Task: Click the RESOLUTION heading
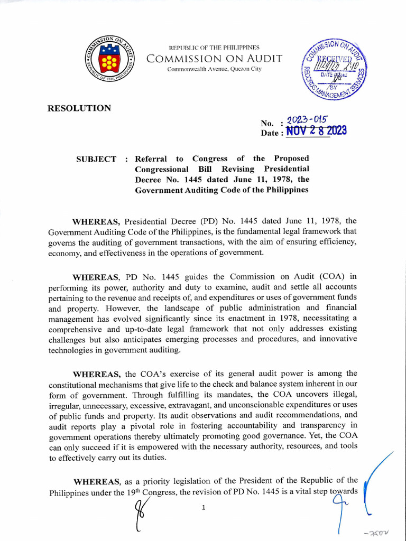[x=79, y=108]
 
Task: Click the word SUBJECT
[x=97, y=159]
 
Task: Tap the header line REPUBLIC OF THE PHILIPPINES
[x=214, y=48]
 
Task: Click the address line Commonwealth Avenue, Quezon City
[x=214, y=69]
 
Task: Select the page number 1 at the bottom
[x=204, y=508]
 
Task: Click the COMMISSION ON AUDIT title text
[x=214, y=59]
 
